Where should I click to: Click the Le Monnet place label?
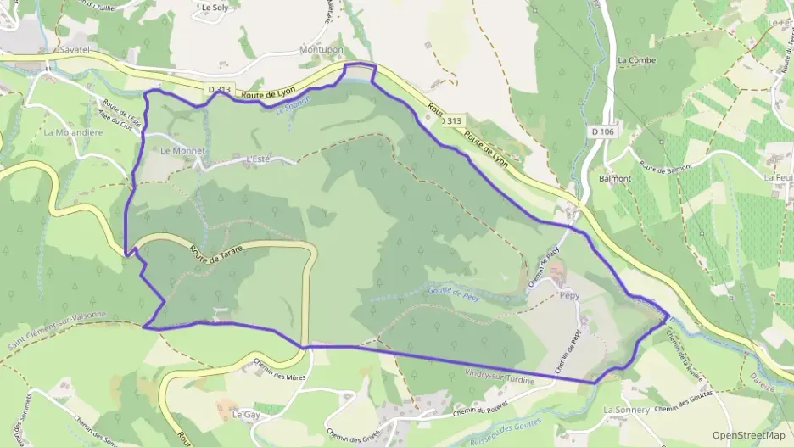(183, 150)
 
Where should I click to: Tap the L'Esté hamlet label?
(256, 159)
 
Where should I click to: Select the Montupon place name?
(322, 50)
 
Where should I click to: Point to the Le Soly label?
(215, 8)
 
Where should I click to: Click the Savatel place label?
(75, 51)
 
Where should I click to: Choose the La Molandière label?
(74, 132)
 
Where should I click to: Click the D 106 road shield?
(602, 132)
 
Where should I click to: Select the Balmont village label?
(615, 179)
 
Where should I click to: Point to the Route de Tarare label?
(216, 252)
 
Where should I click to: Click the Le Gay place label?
(245, 415)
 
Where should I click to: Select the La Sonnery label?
(625, 409)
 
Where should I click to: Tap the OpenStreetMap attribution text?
(749, 435)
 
